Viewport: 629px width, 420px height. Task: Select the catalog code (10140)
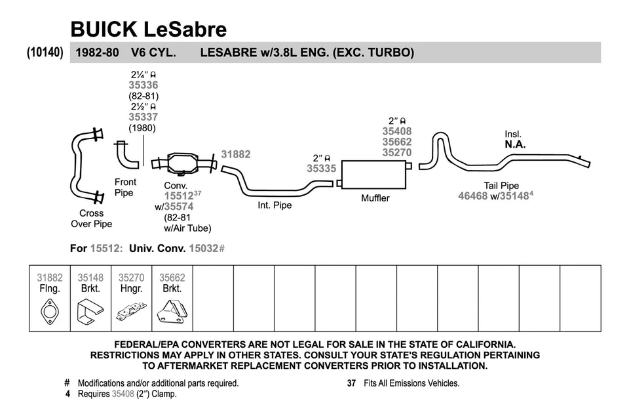45,52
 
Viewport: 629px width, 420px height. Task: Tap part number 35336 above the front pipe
143,85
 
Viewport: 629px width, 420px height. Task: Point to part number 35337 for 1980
143,117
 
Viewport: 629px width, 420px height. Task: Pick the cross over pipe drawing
86,167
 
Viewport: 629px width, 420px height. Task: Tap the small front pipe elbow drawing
126,154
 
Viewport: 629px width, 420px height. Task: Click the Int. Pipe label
275,205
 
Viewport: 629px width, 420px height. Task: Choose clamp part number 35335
321,169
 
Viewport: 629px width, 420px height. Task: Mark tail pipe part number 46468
472,196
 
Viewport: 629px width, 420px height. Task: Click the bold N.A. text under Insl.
514,144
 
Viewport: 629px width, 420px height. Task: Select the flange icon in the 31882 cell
50,311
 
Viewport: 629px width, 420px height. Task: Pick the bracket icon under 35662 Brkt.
172,311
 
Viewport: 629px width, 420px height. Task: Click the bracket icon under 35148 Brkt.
90,311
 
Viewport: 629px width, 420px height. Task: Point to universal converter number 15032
204,249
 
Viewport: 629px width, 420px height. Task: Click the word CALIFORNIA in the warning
480,344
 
